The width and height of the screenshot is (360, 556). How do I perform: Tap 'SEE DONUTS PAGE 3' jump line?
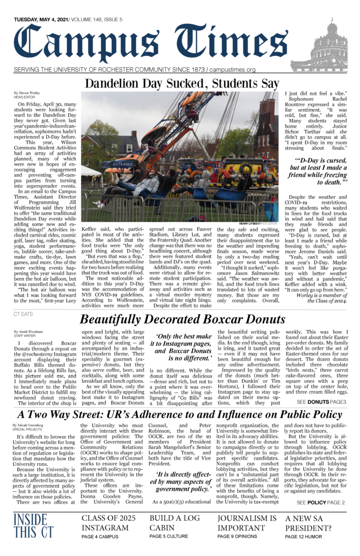point(320,402)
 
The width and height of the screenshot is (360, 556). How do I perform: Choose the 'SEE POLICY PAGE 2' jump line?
point(321,503)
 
